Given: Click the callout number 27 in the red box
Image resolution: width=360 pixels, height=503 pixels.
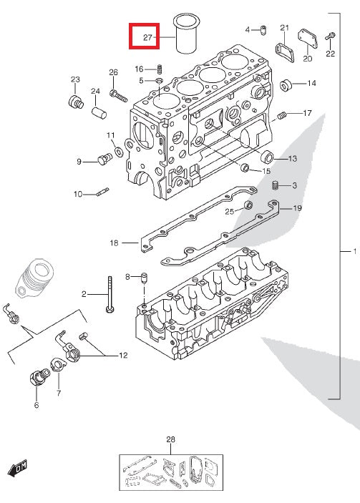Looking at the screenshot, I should point(148,36).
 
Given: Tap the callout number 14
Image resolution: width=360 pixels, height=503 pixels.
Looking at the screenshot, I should point(311,84).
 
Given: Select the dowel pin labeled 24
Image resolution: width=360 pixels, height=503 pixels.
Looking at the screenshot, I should point(99,112).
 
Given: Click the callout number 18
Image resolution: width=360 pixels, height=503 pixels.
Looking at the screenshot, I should point(113,243).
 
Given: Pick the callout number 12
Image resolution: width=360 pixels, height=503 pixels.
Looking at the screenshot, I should point(123,355).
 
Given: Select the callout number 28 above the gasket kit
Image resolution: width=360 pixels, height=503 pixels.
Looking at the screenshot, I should point(170,439).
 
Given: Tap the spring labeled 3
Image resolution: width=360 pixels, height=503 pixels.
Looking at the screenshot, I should point(275,186).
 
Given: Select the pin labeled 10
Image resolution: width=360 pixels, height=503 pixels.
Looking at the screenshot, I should point(102,191).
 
